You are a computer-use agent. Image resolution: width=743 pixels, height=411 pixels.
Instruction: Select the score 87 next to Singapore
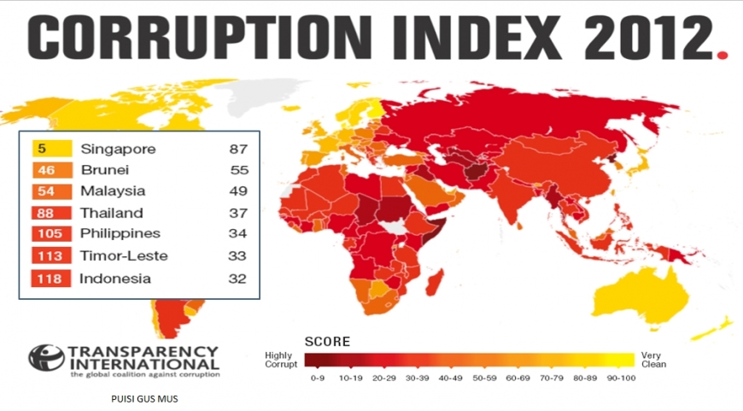tap(238, 149)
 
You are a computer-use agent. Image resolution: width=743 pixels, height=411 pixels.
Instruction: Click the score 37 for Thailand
tap(238, 213)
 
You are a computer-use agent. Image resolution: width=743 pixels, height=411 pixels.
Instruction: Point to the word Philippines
tap(120, 233)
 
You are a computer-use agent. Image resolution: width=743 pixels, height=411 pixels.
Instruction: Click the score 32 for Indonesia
tap(238, 278)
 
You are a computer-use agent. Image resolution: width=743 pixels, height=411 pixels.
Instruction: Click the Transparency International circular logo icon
tap(45, 357)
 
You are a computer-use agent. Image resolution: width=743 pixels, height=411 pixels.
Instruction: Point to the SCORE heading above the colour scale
tap(328, 341)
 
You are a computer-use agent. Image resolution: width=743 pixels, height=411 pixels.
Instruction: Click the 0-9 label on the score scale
tap(319, 378)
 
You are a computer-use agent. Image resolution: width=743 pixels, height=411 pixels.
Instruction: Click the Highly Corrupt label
tap(280, 360)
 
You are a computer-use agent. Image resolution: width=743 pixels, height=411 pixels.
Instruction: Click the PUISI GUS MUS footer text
tap(145, 398)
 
